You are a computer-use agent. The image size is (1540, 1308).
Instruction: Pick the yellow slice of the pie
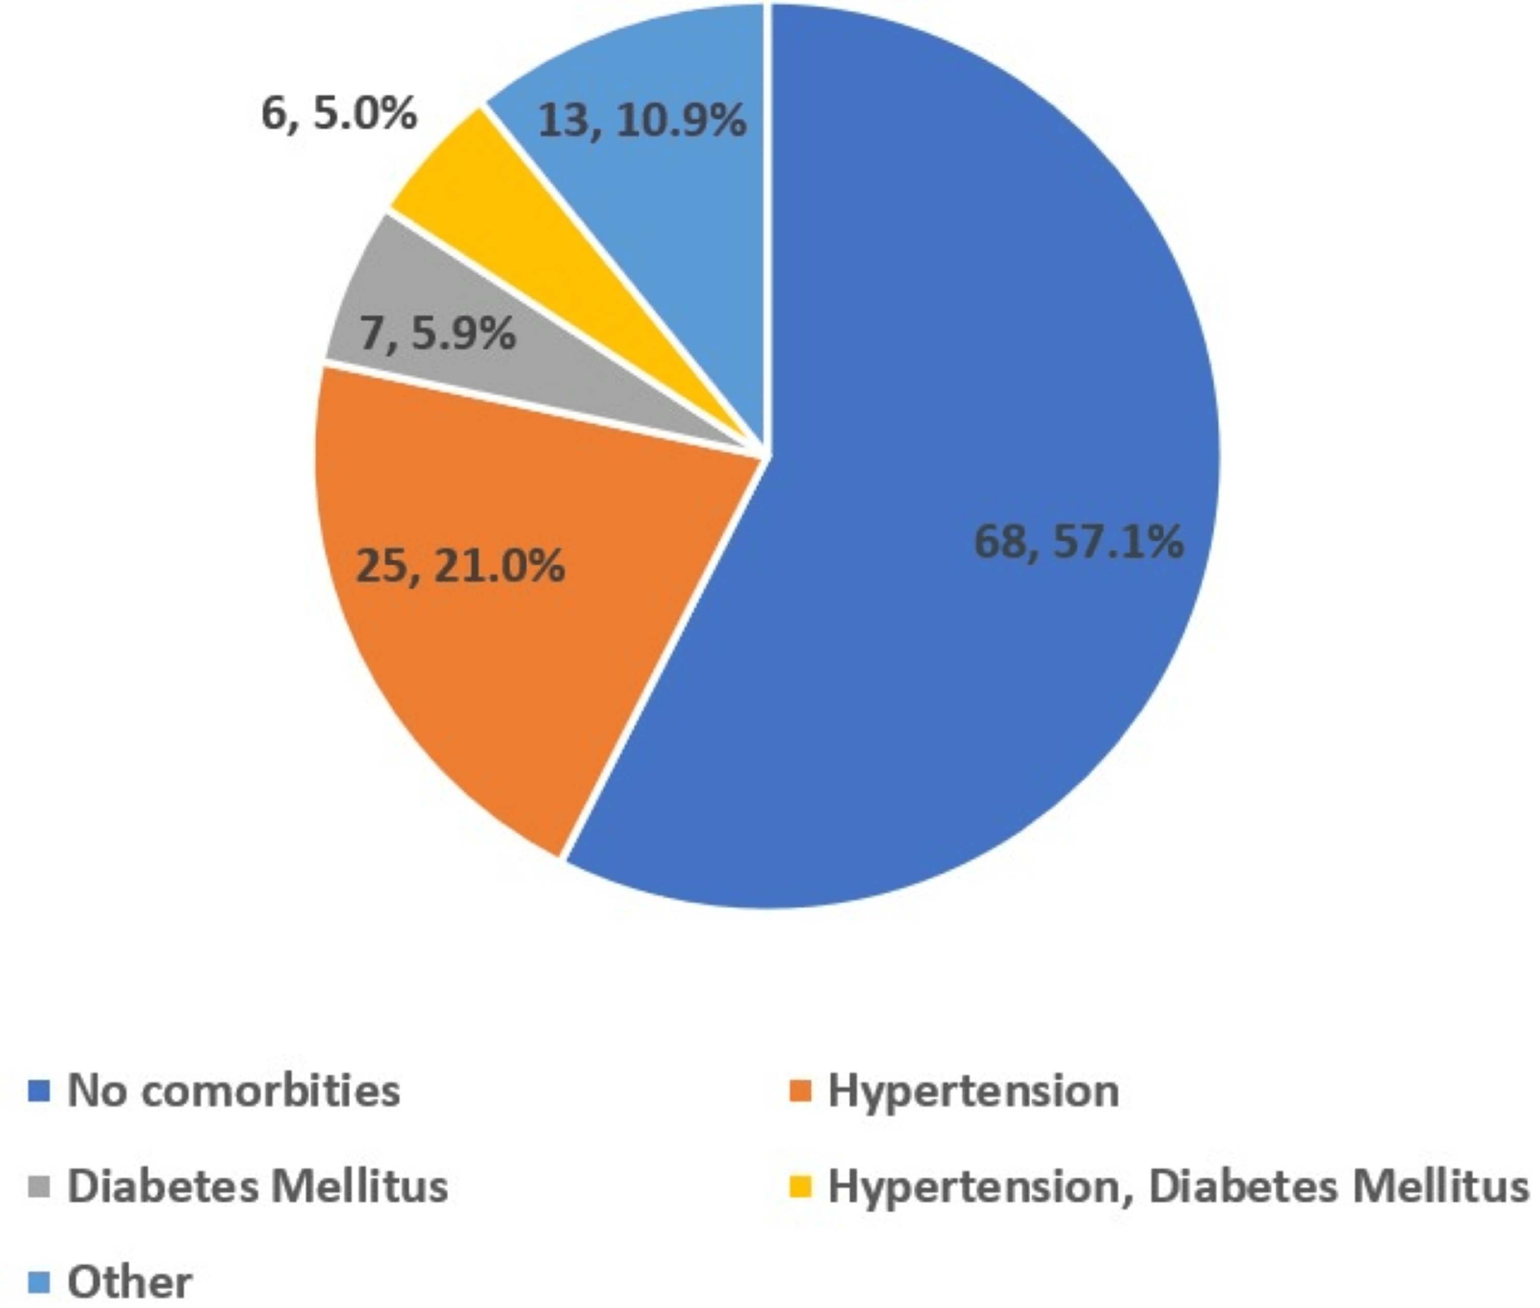click(519, 222)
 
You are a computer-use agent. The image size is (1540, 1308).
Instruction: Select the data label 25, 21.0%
click(460, 566)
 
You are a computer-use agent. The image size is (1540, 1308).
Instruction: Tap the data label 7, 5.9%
click(437, 333)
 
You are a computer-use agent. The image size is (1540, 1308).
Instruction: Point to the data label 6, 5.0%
click(339, 114)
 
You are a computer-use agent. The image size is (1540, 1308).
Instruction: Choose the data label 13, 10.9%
click(641, 120)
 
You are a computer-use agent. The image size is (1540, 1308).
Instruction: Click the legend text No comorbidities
click(234, 1091)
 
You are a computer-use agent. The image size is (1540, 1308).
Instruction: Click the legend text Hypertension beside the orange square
click(973, 1091)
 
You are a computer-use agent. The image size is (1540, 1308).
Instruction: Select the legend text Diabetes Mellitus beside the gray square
click(257, 1186)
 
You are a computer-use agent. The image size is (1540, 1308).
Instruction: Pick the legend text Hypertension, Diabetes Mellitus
click(1178, 1186)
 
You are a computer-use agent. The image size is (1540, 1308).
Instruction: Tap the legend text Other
click(130, 1281)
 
